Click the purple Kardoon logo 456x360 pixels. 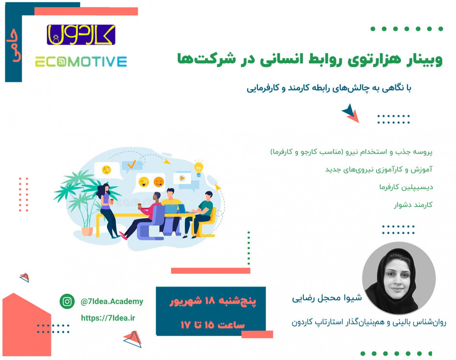[x=81, y=35]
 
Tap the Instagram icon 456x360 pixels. [x=67, y=302]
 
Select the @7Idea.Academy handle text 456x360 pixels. [x=112, y=302]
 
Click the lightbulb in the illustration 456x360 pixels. [x=198, y=168]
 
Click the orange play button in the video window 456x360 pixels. [x=182, y=177]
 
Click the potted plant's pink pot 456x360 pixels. [x=87, y=231]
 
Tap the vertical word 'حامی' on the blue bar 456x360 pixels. [x=14, y=49]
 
